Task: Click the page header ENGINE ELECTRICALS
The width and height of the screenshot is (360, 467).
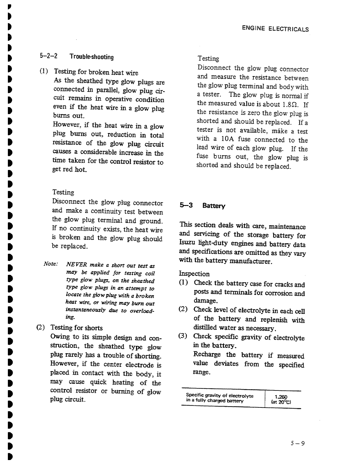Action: click(275, 29)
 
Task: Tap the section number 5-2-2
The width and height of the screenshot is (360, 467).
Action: click(49, 56)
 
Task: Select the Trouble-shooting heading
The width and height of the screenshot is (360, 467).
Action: click(91, 57)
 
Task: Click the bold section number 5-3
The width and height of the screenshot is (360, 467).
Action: click(186, 205)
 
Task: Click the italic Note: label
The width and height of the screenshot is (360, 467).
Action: click(51, 264)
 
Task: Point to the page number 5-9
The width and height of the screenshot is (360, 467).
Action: click(298, 443)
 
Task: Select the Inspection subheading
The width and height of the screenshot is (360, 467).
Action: click(194, 274)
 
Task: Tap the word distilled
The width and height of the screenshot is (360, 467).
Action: click(205, 328)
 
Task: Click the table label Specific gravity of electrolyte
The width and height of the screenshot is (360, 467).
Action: click(220, 396)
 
